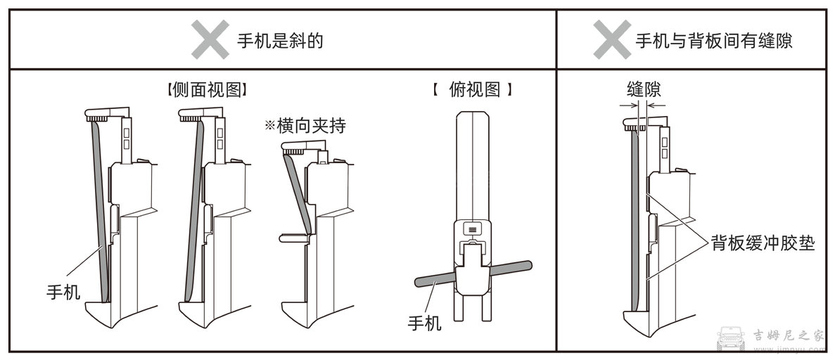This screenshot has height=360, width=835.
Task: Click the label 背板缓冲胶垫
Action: point(763,243)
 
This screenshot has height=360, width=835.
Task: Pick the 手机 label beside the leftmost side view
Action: point(63,290)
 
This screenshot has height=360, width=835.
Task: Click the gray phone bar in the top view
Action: point(429,279)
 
